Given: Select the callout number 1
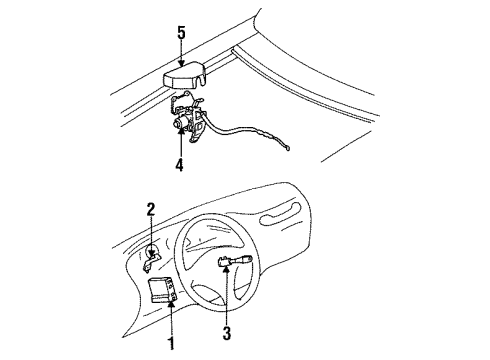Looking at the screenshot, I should click(x=169, y=344).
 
